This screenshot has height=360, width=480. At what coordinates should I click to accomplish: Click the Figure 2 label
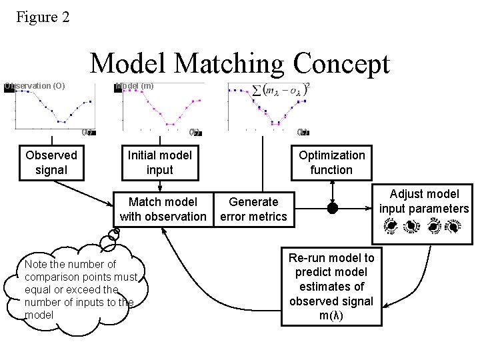tap(43, 17)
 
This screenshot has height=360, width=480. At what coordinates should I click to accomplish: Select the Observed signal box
tap(51, 163)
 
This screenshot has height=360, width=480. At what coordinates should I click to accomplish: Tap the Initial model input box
tap(159, 163)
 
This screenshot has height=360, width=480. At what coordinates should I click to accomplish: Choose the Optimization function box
tap(331, 163)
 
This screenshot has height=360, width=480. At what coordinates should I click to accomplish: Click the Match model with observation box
tap(163, 209)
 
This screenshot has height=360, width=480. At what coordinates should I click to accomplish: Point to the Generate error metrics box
tap(253, 209)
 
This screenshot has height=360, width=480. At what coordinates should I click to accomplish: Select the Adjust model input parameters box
tap(424, 201)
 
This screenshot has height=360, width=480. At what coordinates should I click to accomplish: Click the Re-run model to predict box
tap(331, 287)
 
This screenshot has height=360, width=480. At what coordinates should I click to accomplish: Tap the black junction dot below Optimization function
tap(332, 208)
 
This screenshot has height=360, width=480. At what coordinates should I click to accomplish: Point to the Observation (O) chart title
tap(35, 85)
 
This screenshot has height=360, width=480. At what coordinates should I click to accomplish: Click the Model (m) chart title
tap(135, 85)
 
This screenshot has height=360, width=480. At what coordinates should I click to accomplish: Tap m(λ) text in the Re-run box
tap(331, 316)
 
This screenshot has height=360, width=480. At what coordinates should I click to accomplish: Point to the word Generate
tap(253, 201)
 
